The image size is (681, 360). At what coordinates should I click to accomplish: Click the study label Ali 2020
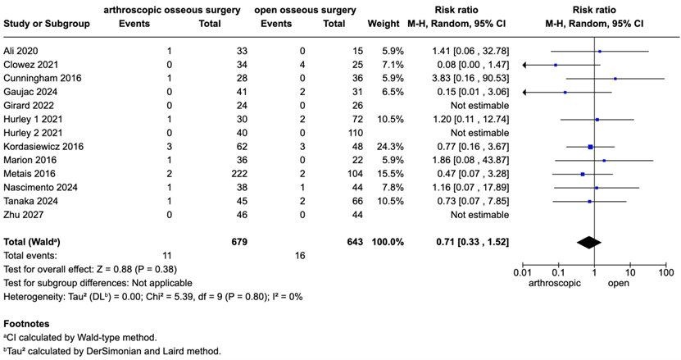pyautogui.click(x=21, y=51)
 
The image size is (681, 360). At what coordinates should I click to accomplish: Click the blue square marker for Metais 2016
pyautogui.click(x=582, y=175)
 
